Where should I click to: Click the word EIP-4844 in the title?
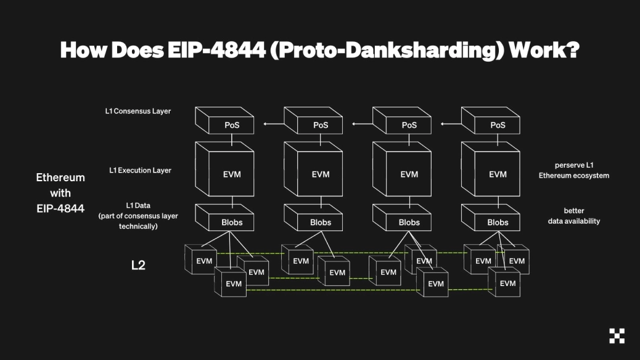[x=216, y=50]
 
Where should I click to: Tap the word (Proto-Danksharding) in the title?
[x=387, y=51]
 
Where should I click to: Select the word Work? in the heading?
[x=544, y=50]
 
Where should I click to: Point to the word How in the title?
[x=83, y=50]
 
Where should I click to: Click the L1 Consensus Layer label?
[x=138, y=111]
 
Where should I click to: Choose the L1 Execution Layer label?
[x=140, y=170]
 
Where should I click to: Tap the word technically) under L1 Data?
[x=138, y=226]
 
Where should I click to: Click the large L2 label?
[x=138, y=265]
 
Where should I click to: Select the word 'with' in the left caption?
[x=60, y=193]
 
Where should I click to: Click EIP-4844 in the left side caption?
[x=60, y=208]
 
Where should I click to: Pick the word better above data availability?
[x=574, y=211]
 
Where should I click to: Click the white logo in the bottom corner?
[x=617, y=335]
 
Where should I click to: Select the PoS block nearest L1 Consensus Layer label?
[x=224, y=120]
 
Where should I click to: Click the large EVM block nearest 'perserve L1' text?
[x=491, y=169]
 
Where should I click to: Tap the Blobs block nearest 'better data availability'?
[x=491, y=218]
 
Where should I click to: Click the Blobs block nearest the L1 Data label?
[x=224, y=218]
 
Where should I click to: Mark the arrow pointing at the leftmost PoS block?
[x=274, y=124]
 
